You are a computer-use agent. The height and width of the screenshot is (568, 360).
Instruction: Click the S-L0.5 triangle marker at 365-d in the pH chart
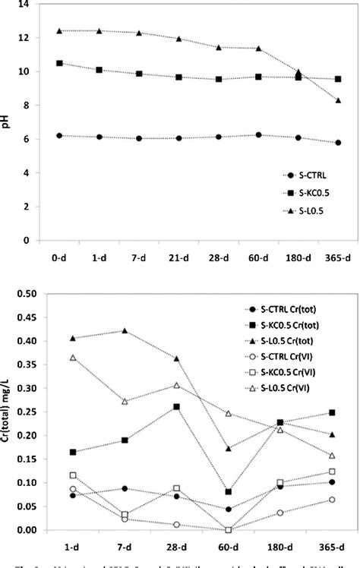(x=338, y=100)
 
